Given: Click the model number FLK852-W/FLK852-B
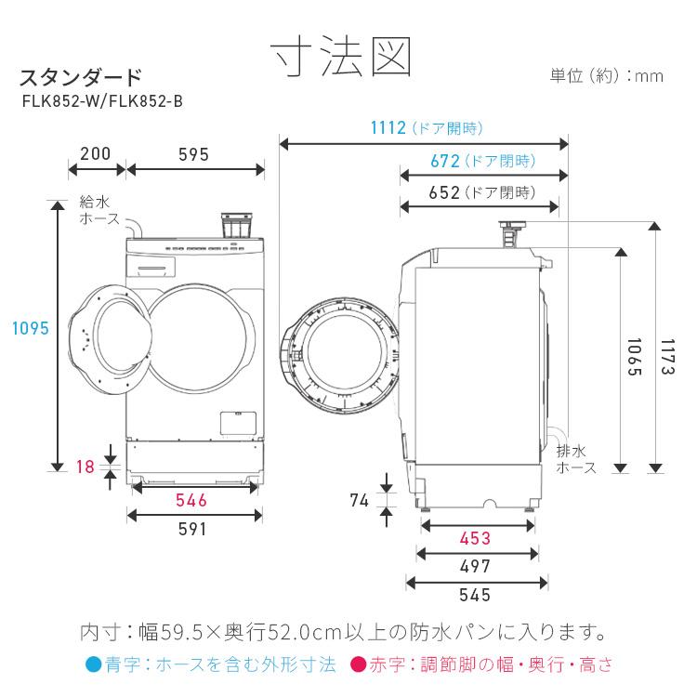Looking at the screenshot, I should pyautogui.click(x=102, y=100).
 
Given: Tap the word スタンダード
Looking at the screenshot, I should pyautogui.click(x=81, y=76).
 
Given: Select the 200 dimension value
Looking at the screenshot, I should pyautogui.click(x=96, y=154).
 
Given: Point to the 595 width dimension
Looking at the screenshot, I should pyautogui.click(x=193, y=154).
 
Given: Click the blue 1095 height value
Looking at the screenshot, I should pyautogui.click(x=30, y=328).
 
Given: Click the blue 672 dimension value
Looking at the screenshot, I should pyautogui.click(x=445, y=161).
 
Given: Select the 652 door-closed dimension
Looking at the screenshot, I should pyautogui.click(x=445, y=192).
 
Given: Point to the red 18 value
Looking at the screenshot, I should pyautogui.click(x=85, y=467).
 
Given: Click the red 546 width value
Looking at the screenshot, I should pyautogui.click(x=191, y=501).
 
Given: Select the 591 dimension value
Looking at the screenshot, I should pyautogui.click(x=191, y=529).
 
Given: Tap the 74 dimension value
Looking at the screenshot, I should pyautogui.click(x=360, y=499).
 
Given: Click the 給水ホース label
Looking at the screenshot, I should pyautogui.click(x=99, y=210).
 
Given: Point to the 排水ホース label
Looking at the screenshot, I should pyautogui.click(x=576, y=459).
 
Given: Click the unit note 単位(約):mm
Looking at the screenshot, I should pyautogui.click(x=606, y=76).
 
